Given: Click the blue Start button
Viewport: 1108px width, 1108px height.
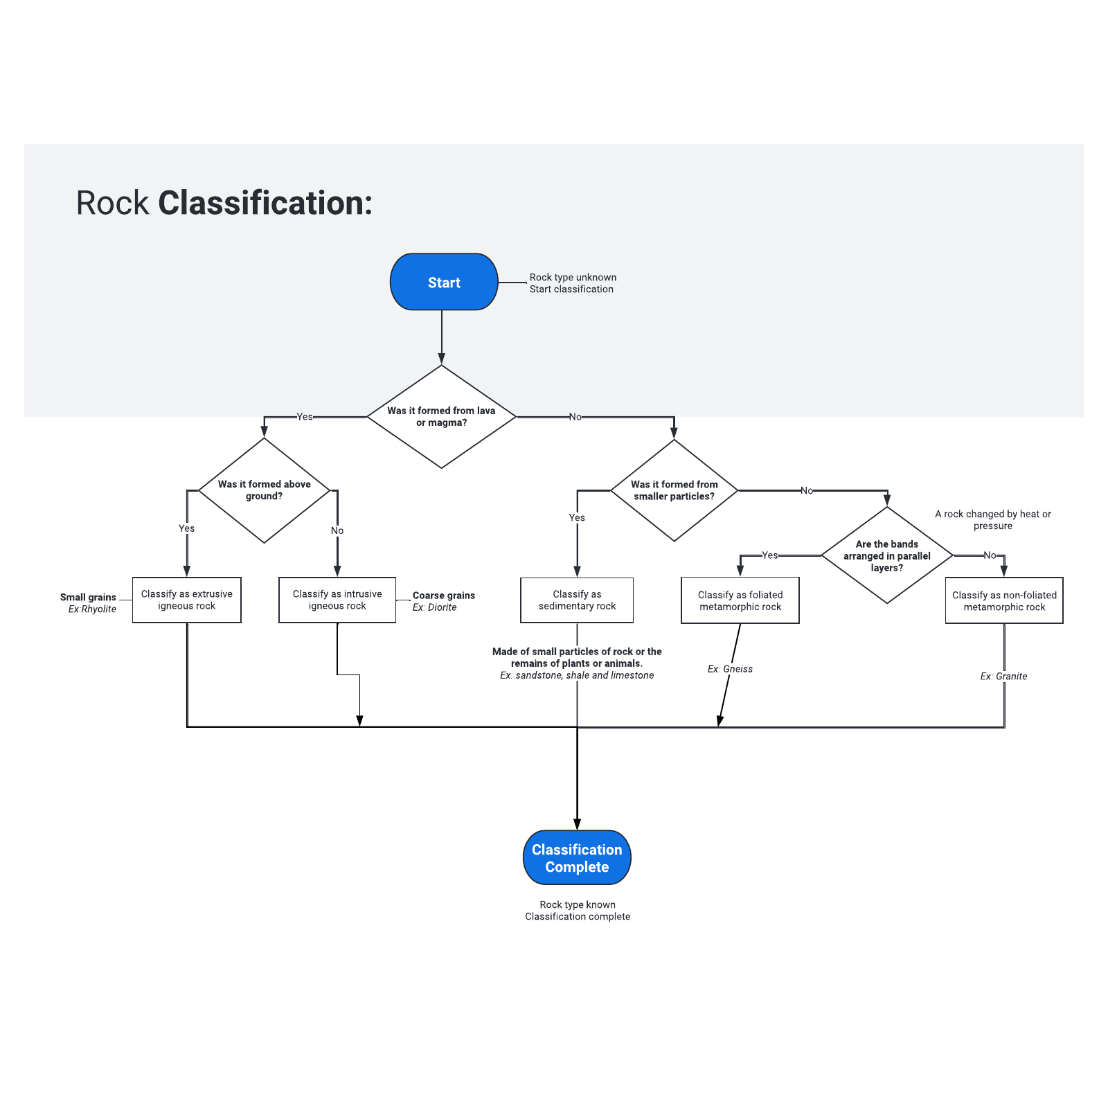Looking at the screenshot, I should tap(444, 282).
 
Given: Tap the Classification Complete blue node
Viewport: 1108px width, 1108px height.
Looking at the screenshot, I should tap(577, 857).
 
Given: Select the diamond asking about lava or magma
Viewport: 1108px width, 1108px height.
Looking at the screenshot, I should tap(441, 417).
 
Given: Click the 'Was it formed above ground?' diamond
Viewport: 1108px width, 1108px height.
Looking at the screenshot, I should tap(264, 490).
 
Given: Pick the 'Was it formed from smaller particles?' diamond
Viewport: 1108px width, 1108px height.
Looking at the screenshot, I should tap(674, 490).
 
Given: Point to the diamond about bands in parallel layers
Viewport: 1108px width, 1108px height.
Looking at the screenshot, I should tap(886, 556).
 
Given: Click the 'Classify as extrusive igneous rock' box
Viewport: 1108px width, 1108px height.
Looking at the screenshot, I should tap(186, 600).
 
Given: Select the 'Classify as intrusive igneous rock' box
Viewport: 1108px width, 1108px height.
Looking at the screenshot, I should tap(337, 600).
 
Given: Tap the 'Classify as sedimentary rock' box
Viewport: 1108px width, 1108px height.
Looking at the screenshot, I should tap(577, 600).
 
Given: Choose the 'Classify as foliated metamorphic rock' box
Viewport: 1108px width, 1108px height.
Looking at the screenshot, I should tap(740, 600).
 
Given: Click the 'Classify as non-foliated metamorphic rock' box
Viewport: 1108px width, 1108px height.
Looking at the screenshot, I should tap(1004, 600).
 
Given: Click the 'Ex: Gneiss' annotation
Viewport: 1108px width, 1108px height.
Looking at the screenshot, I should tap(730, 669).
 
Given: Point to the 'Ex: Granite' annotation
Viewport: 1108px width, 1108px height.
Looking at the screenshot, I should tap(1003, 677).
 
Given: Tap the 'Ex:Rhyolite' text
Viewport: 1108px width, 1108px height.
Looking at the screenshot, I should tap(92, 609).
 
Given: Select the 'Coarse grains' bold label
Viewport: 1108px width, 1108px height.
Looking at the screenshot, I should tap(444, 596).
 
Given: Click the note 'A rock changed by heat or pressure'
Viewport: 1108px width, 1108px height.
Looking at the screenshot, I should tap(992, 520).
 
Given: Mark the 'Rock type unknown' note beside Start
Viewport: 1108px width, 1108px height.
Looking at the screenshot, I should tap(573, 278).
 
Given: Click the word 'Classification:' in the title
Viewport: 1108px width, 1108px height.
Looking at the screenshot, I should tap(265, 204).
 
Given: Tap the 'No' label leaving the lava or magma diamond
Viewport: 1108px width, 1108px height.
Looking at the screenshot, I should tap(575, 417).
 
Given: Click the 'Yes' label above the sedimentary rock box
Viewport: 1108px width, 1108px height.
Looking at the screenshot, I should tap(577, 517).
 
